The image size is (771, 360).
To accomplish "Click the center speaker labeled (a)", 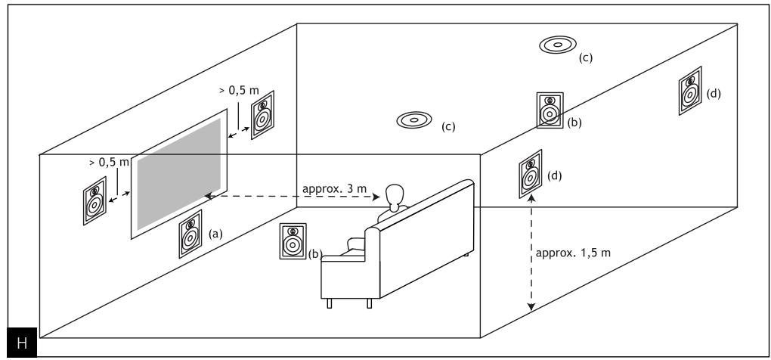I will [189, 234].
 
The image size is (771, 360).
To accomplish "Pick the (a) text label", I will [216, 234].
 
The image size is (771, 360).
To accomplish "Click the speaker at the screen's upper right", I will [262, 114].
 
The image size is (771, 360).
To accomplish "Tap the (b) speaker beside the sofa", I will [292, 241].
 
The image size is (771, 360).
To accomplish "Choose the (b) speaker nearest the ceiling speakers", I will [550, 110].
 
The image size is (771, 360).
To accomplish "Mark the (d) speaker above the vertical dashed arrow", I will [531, 176].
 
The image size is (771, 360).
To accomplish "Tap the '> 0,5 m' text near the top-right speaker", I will [239, 90].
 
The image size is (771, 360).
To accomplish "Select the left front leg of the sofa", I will [330, 303].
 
